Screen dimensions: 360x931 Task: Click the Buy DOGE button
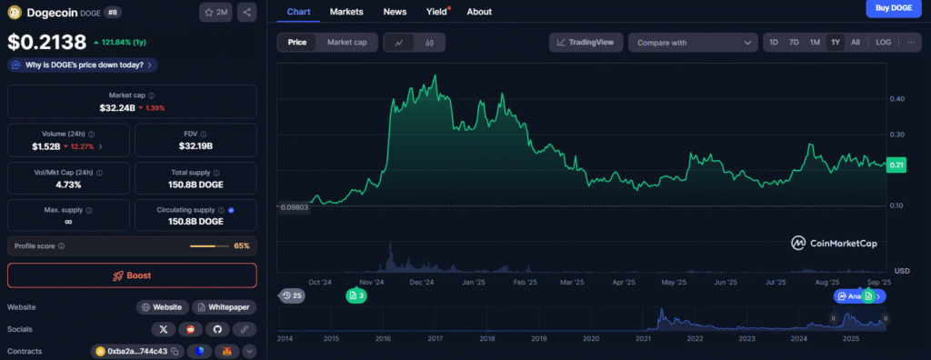[894, 9]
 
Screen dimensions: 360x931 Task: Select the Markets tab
[346, 12]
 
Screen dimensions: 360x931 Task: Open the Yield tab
[436, 12]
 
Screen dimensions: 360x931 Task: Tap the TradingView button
[586, 42]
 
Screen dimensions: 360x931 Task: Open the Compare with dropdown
[693, 42]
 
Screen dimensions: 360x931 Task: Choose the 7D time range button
[794, 42]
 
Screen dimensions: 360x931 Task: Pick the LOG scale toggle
[883, 42]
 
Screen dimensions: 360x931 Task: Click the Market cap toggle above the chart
[346, 42]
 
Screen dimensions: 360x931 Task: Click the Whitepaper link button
[224, 307]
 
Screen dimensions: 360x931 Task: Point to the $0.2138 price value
[47, 42]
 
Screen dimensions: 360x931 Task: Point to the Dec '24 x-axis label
[421, 283]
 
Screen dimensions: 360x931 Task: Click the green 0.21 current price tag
[899, 165]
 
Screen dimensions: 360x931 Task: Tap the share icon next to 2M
[247, 13]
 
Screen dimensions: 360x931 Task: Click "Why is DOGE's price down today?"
[83, 65]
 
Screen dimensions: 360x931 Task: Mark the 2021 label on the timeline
[644, 338]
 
